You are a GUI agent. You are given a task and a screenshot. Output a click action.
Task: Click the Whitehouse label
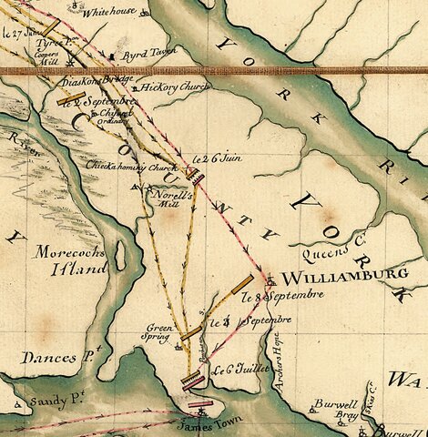108,13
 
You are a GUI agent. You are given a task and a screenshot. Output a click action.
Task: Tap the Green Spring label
162,330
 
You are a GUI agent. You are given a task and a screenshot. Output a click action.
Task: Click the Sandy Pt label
43,401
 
